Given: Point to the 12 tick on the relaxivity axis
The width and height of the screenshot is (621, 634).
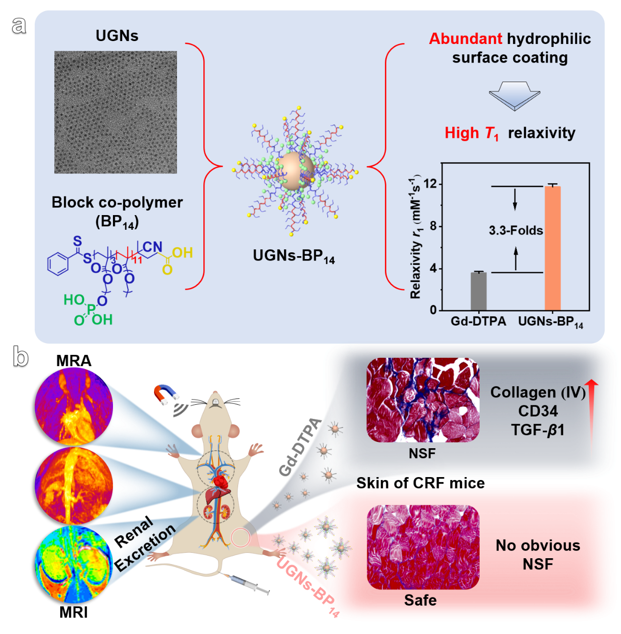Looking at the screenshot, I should (430, 184).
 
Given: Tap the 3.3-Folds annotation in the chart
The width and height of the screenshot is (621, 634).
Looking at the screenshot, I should (516, 230).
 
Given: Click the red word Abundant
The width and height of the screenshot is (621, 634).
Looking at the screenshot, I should (465, 39).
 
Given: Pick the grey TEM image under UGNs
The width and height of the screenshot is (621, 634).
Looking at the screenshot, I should (115, 112).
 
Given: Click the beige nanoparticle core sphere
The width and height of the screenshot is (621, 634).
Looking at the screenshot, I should (293, 171).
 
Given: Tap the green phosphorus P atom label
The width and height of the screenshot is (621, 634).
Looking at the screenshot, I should (90, 309).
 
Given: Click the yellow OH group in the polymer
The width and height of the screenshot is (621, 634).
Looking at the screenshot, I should (182, 253).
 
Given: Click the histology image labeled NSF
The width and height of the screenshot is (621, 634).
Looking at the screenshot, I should (422, 400).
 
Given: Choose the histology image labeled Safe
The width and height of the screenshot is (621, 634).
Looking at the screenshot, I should (422, 547).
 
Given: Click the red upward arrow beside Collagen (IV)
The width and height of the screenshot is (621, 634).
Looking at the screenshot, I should (592, 420).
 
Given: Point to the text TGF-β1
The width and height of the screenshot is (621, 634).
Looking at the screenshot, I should (537, 430).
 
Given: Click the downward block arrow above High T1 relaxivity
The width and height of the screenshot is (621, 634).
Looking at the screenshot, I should (514, 95).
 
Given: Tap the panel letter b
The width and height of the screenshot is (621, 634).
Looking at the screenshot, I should (21, 357).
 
